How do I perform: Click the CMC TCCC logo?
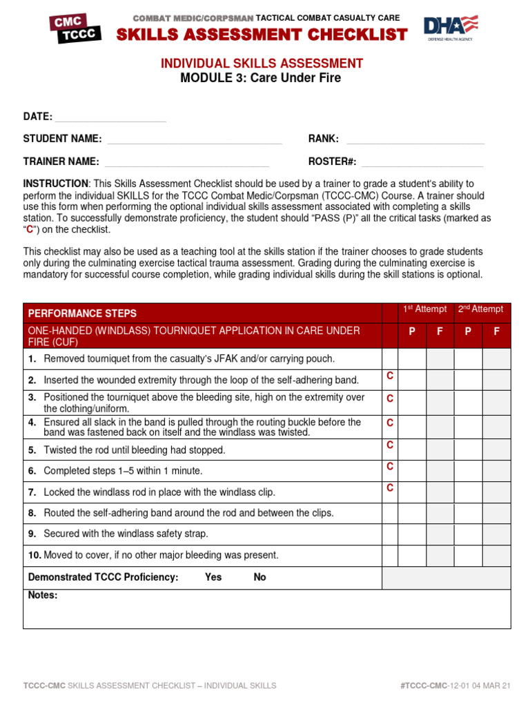click(75, 28)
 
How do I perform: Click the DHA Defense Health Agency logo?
click(451, 28)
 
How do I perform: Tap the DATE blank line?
click(110, 117)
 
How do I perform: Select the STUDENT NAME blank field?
click(195, 139)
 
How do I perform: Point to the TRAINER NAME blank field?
click(186, 162)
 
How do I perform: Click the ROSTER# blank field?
click(422, 162)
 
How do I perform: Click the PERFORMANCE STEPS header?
click(82, 313)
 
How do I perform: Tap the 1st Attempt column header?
click(425, 309)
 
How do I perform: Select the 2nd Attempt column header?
click(481, 309)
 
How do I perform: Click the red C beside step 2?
click(390, 376)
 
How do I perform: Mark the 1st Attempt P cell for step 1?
click(412, 359)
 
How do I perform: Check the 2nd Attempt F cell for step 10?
click(496, 556)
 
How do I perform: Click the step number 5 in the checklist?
click(32, 450)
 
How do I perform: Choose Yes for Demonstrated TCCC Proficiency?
click(213, 577)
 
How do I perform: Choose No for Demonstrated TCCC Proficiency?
click(259, 577)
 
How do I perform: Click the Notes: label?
click(43, 595)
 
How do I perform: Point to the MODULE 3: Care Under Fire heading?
click(261, 78)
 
